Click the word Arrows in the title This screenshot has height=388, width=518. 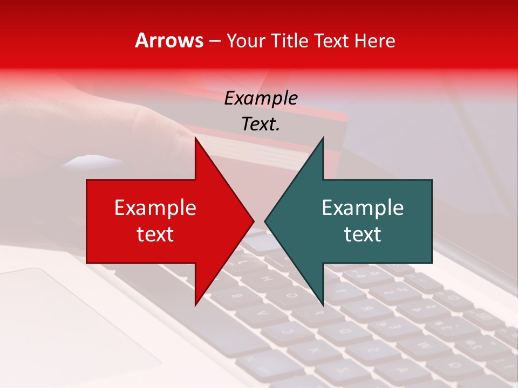[169, 40]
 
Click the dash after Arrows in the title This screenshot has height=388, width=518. [214, 41]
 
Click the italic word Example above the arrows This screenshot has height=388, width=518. [261, 99]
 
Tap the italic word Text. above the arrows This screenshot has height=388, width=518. [261, 124]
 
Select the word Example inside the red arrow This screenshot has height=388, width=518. [155, 208]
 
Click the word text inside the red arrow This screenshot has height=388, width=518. [155, 234]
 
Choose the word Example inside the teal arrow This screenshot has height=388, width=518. [363, 208]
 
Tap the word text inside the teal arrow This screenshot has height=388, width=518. [363, 234]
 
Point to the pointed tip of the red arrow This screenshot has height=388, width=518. [254, 221]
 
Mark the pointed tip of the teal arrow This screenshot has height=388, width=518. [265, 221]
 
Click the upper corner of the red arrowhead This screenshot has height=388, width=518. [195, 138]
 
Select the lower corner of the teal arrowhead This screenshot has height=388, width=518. [323, 306]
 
